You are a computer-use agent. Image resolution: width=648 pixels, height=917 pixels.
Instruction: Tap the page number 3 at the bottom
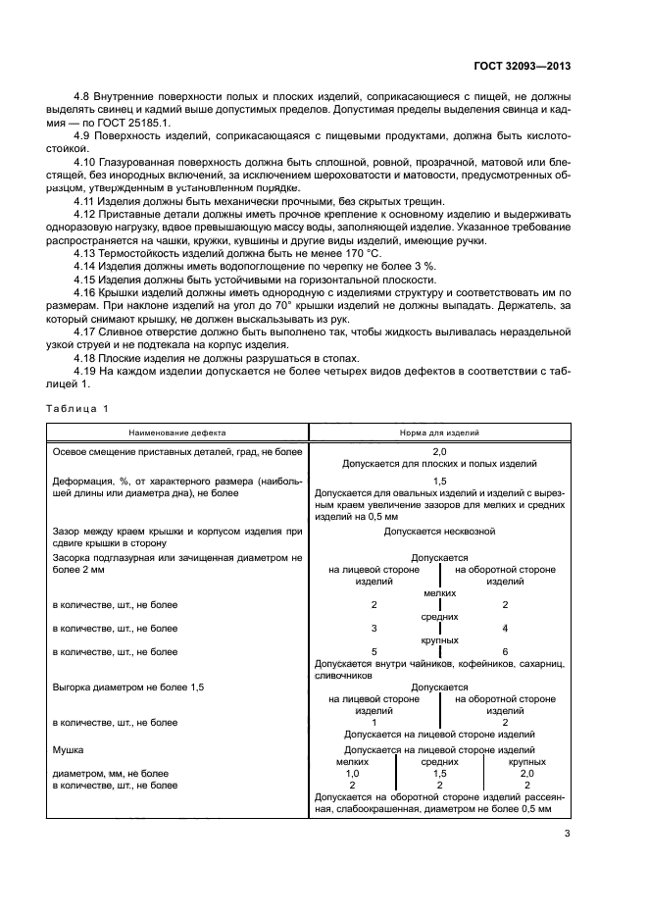click(x=568, y=835)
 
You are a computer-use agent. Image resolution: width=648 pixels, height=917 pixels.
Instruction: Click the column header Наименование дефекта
click(x=179, y=433)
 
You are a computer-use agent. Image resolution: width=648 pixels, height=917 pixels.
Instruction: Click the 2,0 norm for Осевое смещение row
click(x=439, y=451)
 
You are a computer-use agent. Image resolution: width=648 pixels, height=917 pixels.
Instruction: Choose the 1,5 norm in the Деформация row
click(x=439, y=482)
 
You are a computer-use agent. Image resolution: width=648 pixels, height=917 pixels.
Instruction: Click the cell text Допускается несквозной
click(x=439, y=531)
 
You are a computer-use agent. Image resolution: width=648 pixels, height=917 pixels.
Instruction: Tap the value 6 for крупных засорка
click(x=504, y=651)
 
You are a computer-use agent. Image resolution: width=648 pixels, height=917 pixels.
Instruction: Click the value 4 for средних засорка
click(x=504, y=628)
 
